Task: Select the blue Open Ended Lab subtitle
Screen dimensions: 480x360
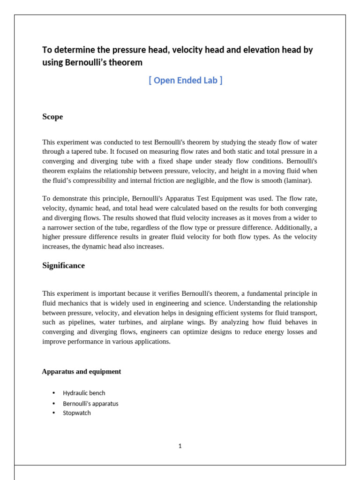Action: (x=186, y=80)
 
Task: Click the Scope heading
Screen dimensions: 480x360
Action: (x=52, y=117)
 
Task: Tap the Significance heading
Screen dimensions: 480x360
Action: (x=63, y=266)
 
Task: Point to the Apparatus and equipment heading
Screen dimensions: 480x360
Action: (x=82, y=372)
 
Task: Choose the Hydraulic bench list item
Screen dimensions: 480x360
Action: (x=84, y=393)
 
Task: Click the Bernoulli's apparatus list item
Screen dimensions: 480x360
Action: (x=90, y=404)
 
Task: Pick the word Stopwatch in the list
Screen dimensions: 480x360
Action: (x=77, y=413)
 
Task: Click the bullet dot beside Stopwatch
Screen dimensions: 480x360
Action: (x=54, y=413)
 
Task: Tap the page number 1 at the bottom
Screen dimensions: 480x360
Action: (x=180, y=446)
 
